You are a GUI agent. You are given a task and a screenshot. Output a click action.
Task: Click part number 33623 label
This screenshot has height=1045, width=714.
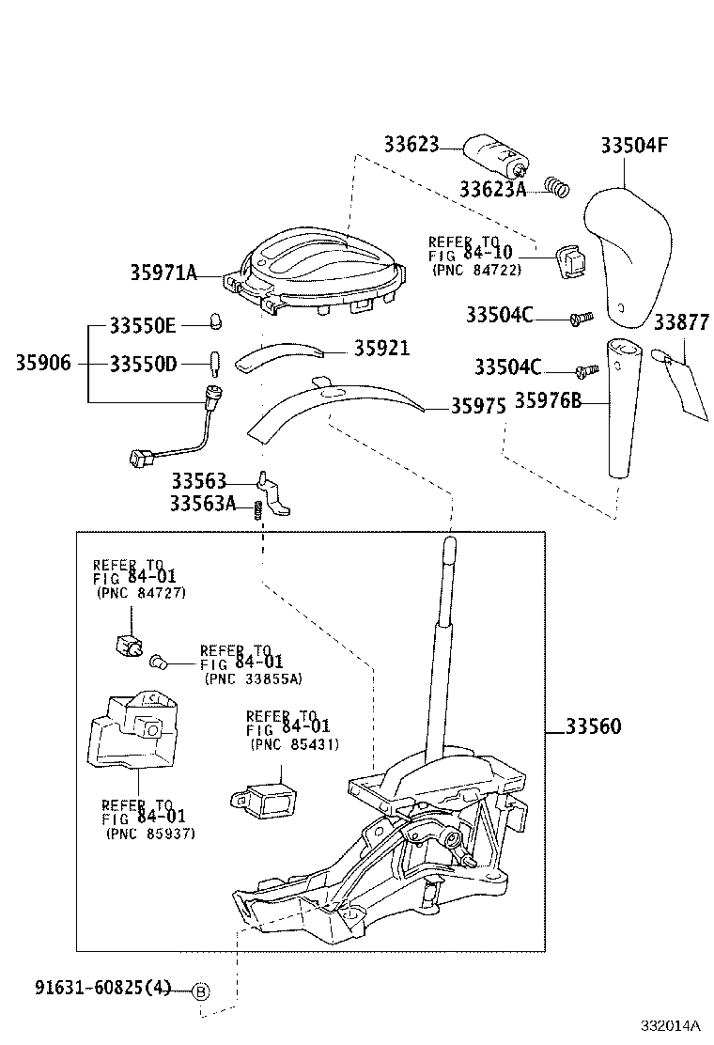(x=411, y=145)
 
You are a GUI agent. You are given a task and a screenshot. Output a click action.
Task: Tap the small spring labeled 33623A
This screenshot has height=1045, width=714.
(x=558, y=188)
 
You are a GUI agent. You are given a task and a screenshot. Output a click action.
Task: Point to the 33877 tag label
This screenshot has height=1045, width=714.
(x=681, y=323)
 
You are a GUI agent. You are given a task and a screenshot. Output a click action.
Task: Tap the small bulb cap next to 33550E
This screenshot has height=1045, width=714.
(x=214, y=321)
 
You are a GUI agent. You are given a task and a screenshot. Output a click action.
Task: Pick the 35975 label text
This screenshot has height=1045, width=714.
(x=477, y=406)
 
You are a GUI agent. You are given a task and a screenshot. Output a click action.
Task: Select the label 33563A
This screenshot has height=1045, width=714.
(x=202, y=504)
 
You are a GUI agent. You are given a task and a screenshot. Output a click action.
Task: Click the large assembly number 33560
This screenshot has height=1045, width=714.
(x=593, y=726)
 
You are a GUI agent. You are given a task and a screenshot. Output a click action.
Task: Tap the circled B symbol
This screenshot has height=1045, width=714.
(x=200, y=990)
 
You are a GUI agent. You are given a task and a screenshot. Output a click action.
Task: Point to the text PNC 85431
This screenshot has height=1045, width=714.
(x=294, y=744)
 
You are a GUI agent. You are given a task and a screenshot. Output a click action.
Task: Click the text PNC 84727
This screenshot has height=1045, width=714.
(x=140, y=593)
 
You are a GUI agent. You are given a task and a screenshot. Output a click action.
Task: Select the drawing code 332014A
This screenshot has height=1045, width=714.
(x=672, y=1025)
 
